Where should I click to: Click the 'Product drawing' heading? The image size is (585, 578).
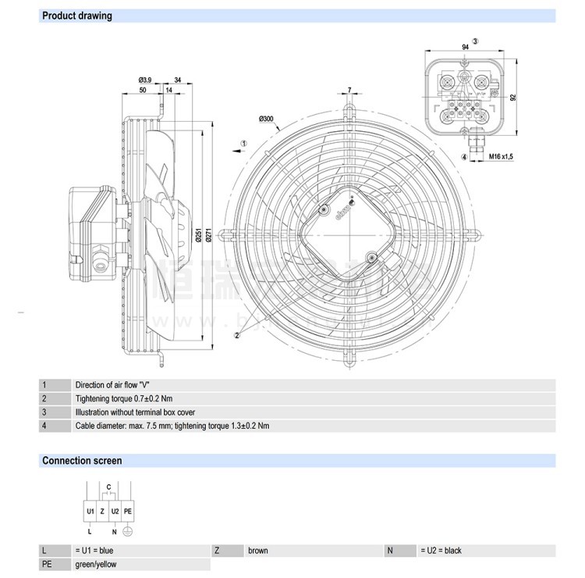tap(76, 16)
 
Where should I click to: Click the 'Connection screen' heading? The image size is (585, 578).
tap(82, 461)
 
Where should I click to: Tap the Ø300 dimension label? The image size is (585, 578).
tap(266, 119)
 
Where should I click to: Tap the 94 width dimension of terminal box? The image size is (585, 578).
tap(465, 48)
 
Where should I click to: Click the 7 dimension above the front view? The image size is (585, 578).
tap(349, 90)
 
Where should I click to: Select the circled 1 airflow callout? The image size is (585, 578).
tap(243, 144)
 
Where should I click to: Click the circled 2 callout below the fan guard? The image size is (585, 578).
tap(235, 334)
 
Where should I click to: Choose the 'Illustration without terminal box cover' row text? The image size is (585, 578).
tap(136, 412)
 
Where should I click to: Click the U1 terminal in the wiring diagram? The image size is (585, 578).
tap(90, 510)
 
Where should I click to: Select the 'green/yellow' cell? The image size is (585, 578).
tap(96, 564)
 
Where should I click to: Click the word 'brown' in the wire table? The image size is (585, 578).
tap(258, 551)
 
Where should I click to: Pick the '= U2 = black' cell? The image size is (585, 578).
tap(441, 551)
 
